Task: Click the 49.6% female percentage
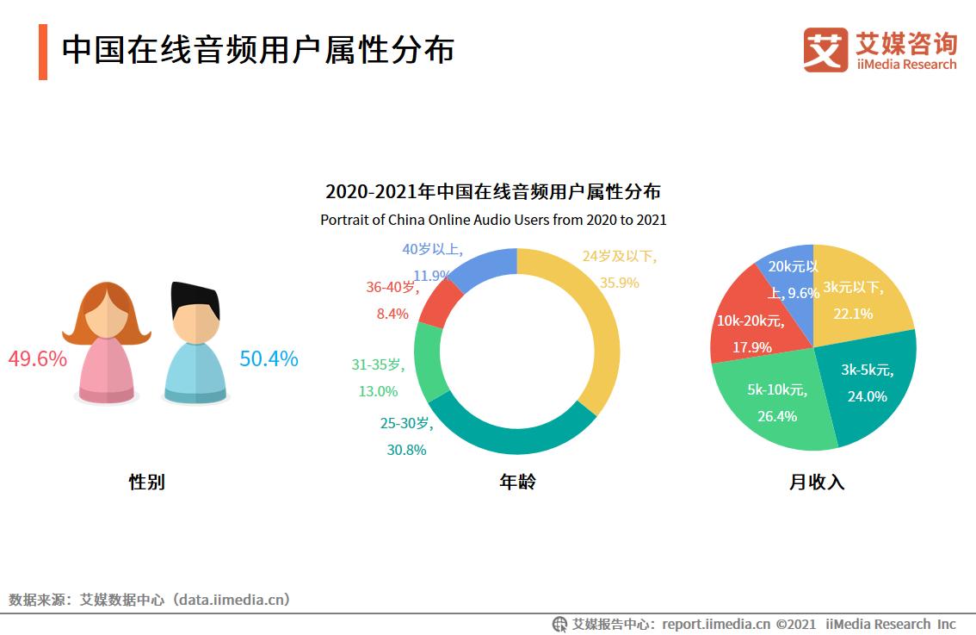[38, 359]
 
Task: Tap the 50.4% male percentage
[269, 359]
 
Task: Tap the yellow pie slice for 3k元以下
[856, 297]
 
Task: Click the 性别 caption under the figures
[146, 482]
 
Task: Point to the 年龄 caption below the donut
[517, 482]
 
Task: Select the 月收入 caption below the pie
[817, 482]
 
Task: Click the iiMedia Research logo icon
[825, 50]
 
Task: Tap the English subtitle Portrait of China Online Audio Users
[493, 220]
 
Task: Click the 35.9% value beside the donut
[619, 283]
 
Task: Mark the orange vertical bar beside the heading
[43, 52]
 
